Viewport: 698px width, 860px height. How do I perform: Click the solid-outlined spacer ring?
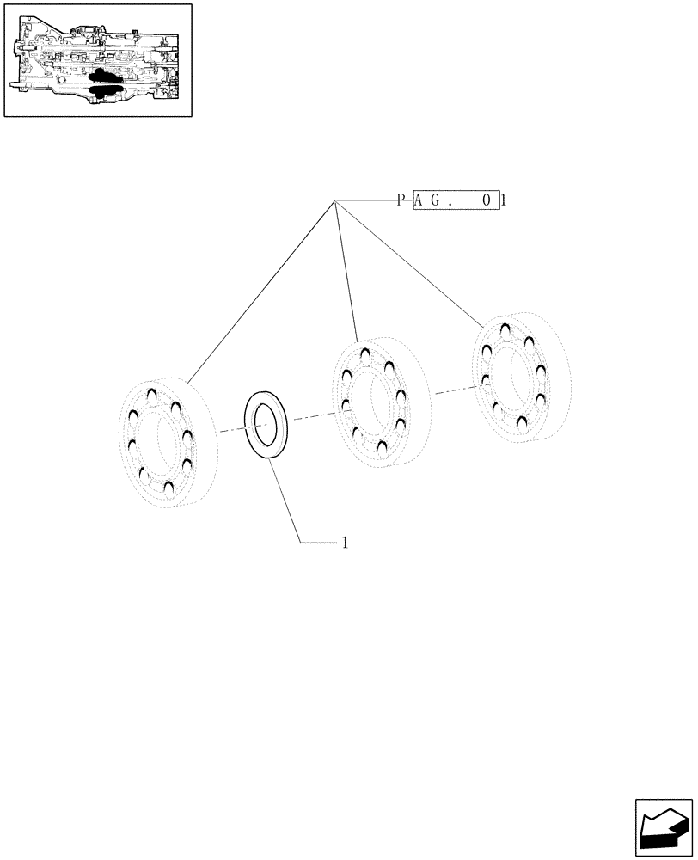267,425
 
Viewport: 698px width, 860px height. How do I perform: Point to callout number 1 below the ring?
345,543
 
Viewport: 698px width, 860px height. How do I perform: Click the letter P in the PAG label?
401,201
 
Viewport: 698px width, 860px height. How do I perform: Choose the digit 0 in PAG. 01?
487,201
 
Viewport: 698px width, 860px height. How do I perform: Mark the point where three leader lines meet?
335,200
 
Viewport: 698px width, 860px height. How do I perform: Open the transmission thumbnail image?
97,60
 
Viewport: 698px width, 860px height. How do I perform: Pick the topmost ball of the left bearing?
151,395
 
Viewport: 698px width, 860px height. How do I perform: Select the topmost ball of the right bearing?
505,328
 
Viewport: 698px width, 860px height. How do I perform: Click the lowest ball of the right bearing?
523,422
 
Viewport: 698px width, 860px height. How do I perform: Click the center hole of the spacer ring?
268,425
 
